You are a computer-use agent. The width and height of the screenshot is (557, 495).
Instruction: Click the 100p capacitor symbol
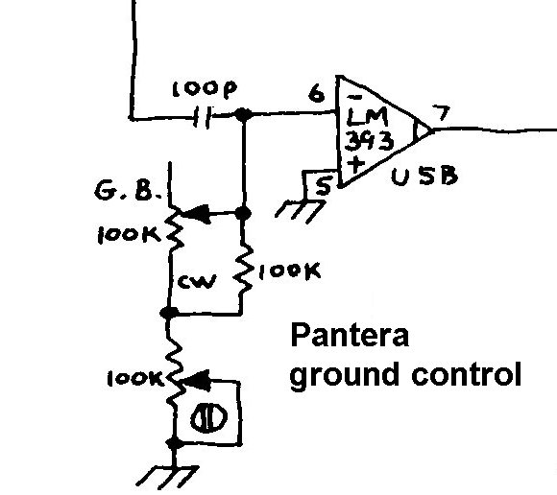[x=204, y=116]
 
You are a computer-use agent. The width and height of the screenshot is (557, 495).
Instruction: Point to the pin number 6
[x=316, y=94]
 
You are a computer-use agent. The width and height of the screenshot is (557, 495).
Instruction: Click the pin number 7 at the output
[x=442, y=113]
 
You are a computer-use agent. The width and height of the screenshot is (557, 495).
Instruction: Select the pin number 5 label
[x=324, y=185]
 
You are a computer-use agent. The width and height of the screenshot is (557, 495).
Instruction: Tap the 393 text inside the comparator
[x=370, y=141]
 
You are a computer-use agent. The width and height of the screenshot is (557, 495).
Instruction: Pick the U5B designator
[x=424, y=176]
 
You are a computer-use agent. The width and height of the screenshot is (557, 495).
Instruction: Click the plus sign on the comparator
[x=356, y=165]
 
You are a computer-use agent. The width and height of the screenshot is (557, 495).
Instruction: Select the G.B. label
[x=127, y=191]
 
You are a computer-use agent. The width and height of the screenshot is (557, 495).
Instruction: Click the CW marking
[x=197, y=281]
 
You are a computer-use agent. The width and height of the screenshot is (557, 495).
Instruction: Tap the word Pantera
[x=350, y=336]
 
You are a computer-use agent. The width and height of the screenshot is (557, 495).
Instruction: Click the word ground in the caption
[x=344, y=375]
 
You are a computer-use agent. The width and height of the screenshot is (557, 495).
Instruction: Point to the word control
[x=467, y=373]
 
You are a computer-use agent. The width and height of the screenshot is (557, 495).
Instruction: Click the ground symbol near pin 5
[x=301, y=211]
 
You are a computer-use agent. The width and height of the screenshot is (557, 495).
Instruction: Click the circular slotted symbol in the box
[x=209, y=418]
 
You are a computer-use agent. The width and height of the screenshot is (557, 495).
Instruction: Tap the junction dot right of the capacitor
[x=243, y=114]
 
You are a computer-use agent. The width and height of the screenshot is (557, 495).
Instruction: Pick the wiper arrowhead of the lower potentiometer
[x=194, y=381]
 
